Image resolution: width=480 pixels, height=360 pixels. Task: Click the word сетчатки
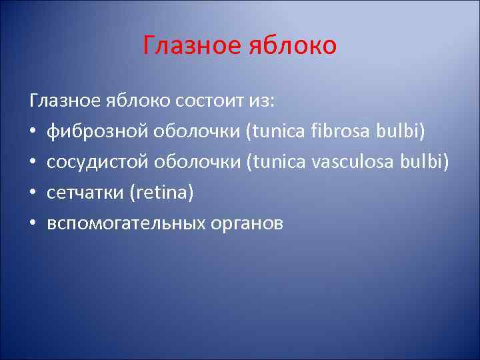click(x=85, y=193)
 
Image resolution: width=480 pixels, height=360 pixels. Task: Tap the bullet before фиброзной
click(x=33, y=132)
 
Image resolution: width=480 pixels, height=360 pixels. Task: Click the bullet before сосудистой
click(x=33, y=163)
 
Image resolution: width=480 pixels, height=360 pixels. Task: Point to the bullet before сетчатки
click(x=33, y=193)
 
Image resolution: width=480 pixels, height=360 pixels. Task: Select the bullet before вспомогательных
click(x=33, y=224)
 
